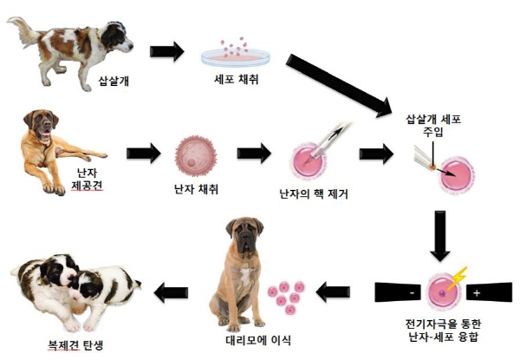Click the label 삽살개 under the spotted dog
tap(114, 81)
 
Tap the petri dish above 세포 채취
tap(236, 57)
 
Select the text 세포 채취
tap(236, 79)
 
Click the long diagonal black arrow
tap(338, 86)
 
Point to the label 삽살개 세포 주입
tap(433, 126)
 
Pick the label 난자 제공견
tap(87, 180)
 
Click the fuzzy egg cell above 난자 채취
tap(196, 155)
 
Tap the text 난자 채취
tap(196, 189)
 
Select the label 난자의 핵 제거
tap(314, 193)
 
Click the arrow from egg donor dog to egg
tap(144, 154)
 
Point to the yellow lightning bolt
tap(458, 278)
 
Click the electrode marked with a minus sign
tap(398, 292)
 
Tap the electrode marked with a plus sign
tap(489, 292)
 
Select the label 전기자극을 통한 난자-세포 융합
tap(444, 331)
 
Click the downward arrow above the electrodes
tap(440, 236)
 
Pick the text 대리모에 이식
tap(258, 340)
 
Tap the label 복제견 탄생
tap(75, 345)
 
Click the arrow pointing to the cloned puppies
tap(171, 292)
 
